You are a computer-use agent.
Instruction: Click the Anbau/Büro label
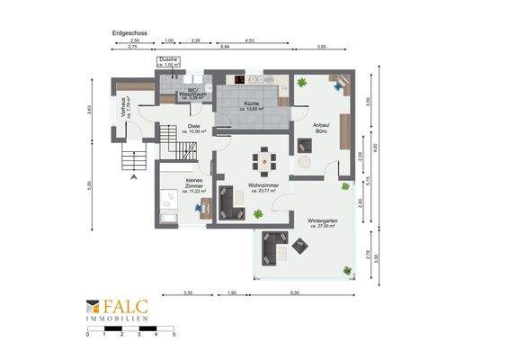[320, 129]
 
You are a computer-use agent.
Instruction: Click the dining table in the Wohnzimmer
[264, 159]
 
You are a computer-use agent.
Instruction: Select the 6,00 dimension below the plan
[295, 293]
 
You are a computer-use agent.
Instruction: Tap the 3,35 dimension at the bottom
[187, 293]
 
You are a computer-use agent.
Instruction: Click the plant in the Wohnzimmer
[258, 213]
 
